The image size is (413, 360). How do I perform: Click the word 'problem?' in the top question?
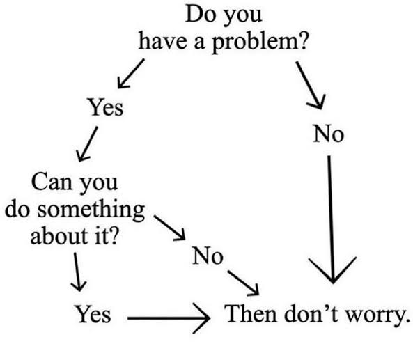coord(260,42)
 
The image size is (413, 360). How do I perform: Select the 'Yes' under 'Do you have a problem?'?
coord(106,107)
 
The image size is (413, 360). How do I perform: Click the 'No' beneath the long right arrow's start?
coord(329,134)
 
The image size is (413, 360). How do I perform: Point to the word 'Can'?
coord(52,182)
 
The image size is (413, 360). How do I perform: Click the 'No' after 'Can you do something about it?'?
coord(208,256)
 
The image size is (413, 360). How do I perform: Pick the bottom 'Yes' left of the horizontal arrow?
coord(93,313)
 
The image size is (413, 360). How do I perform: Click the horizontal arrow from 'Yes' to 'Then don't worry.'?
coord(169,318)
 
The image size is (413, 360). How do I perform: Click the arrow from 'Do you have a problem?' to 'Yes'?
coord(131,74)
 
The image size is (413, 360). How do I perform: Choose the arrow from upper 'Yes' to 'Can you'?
coord(88,143)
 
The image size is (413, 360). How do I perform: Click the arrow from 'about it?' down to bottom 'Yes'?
coord(77,272)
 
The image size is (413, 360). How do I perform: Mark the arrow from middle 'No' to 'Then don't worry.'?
coord(243,283)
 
